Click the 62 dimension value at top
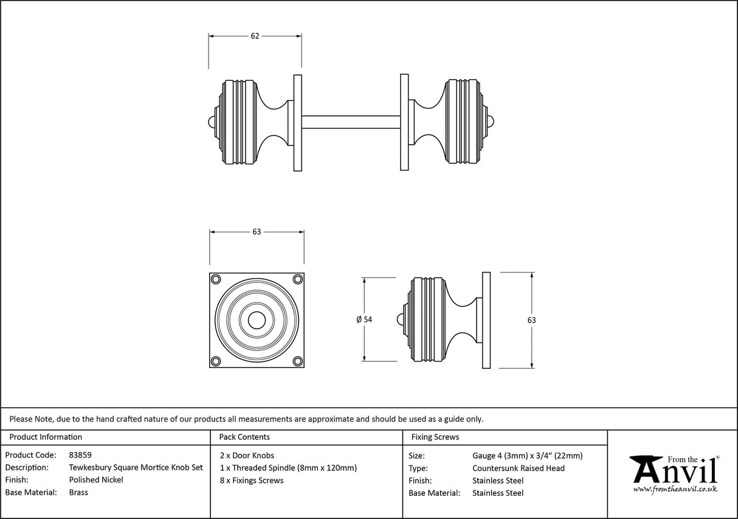(255, 36)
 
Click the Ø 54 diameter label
(364, 319)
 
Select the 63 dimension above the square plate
(257, 232)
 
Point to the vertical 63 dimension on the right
(532, 320)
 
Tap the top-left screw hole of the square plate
(216, 279)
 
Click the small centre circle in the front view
(257, 320)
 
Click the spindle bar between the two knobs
(351, 122)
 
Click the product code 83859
(80, 455)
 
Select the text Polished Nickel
(96, 480)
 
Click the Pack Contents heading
(244, 437)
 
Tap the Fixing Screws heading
(435, 437)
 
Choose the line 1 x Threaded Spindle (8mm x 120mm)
(288, 468)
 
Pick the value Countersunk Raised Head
(518, 468)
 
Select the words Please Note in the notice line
(30, 419)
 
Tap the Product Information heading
(46, 437)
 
